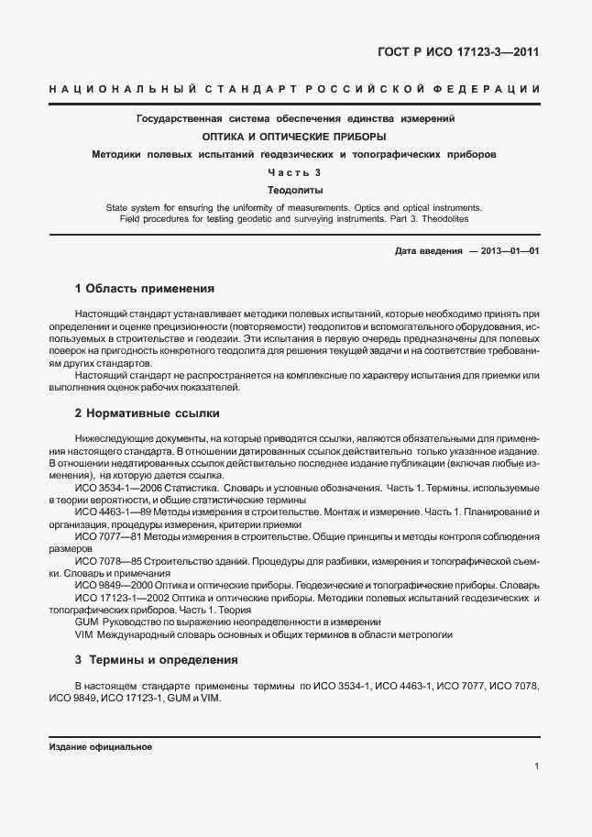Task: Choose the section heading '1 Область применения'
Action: [144, 288]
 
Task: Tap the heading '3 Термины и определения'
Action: [156, 659]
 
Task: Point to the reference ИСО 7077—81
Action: [106, 534]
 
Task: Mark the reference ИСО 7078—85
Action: [106, 559]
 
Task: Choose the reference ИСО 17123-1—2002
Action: [120, 598]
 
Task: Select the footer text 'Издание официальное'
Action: [100, 746]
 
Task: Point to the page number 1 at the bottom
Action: [535, 766]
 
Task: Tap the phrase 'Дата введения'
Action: [428, 250]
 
